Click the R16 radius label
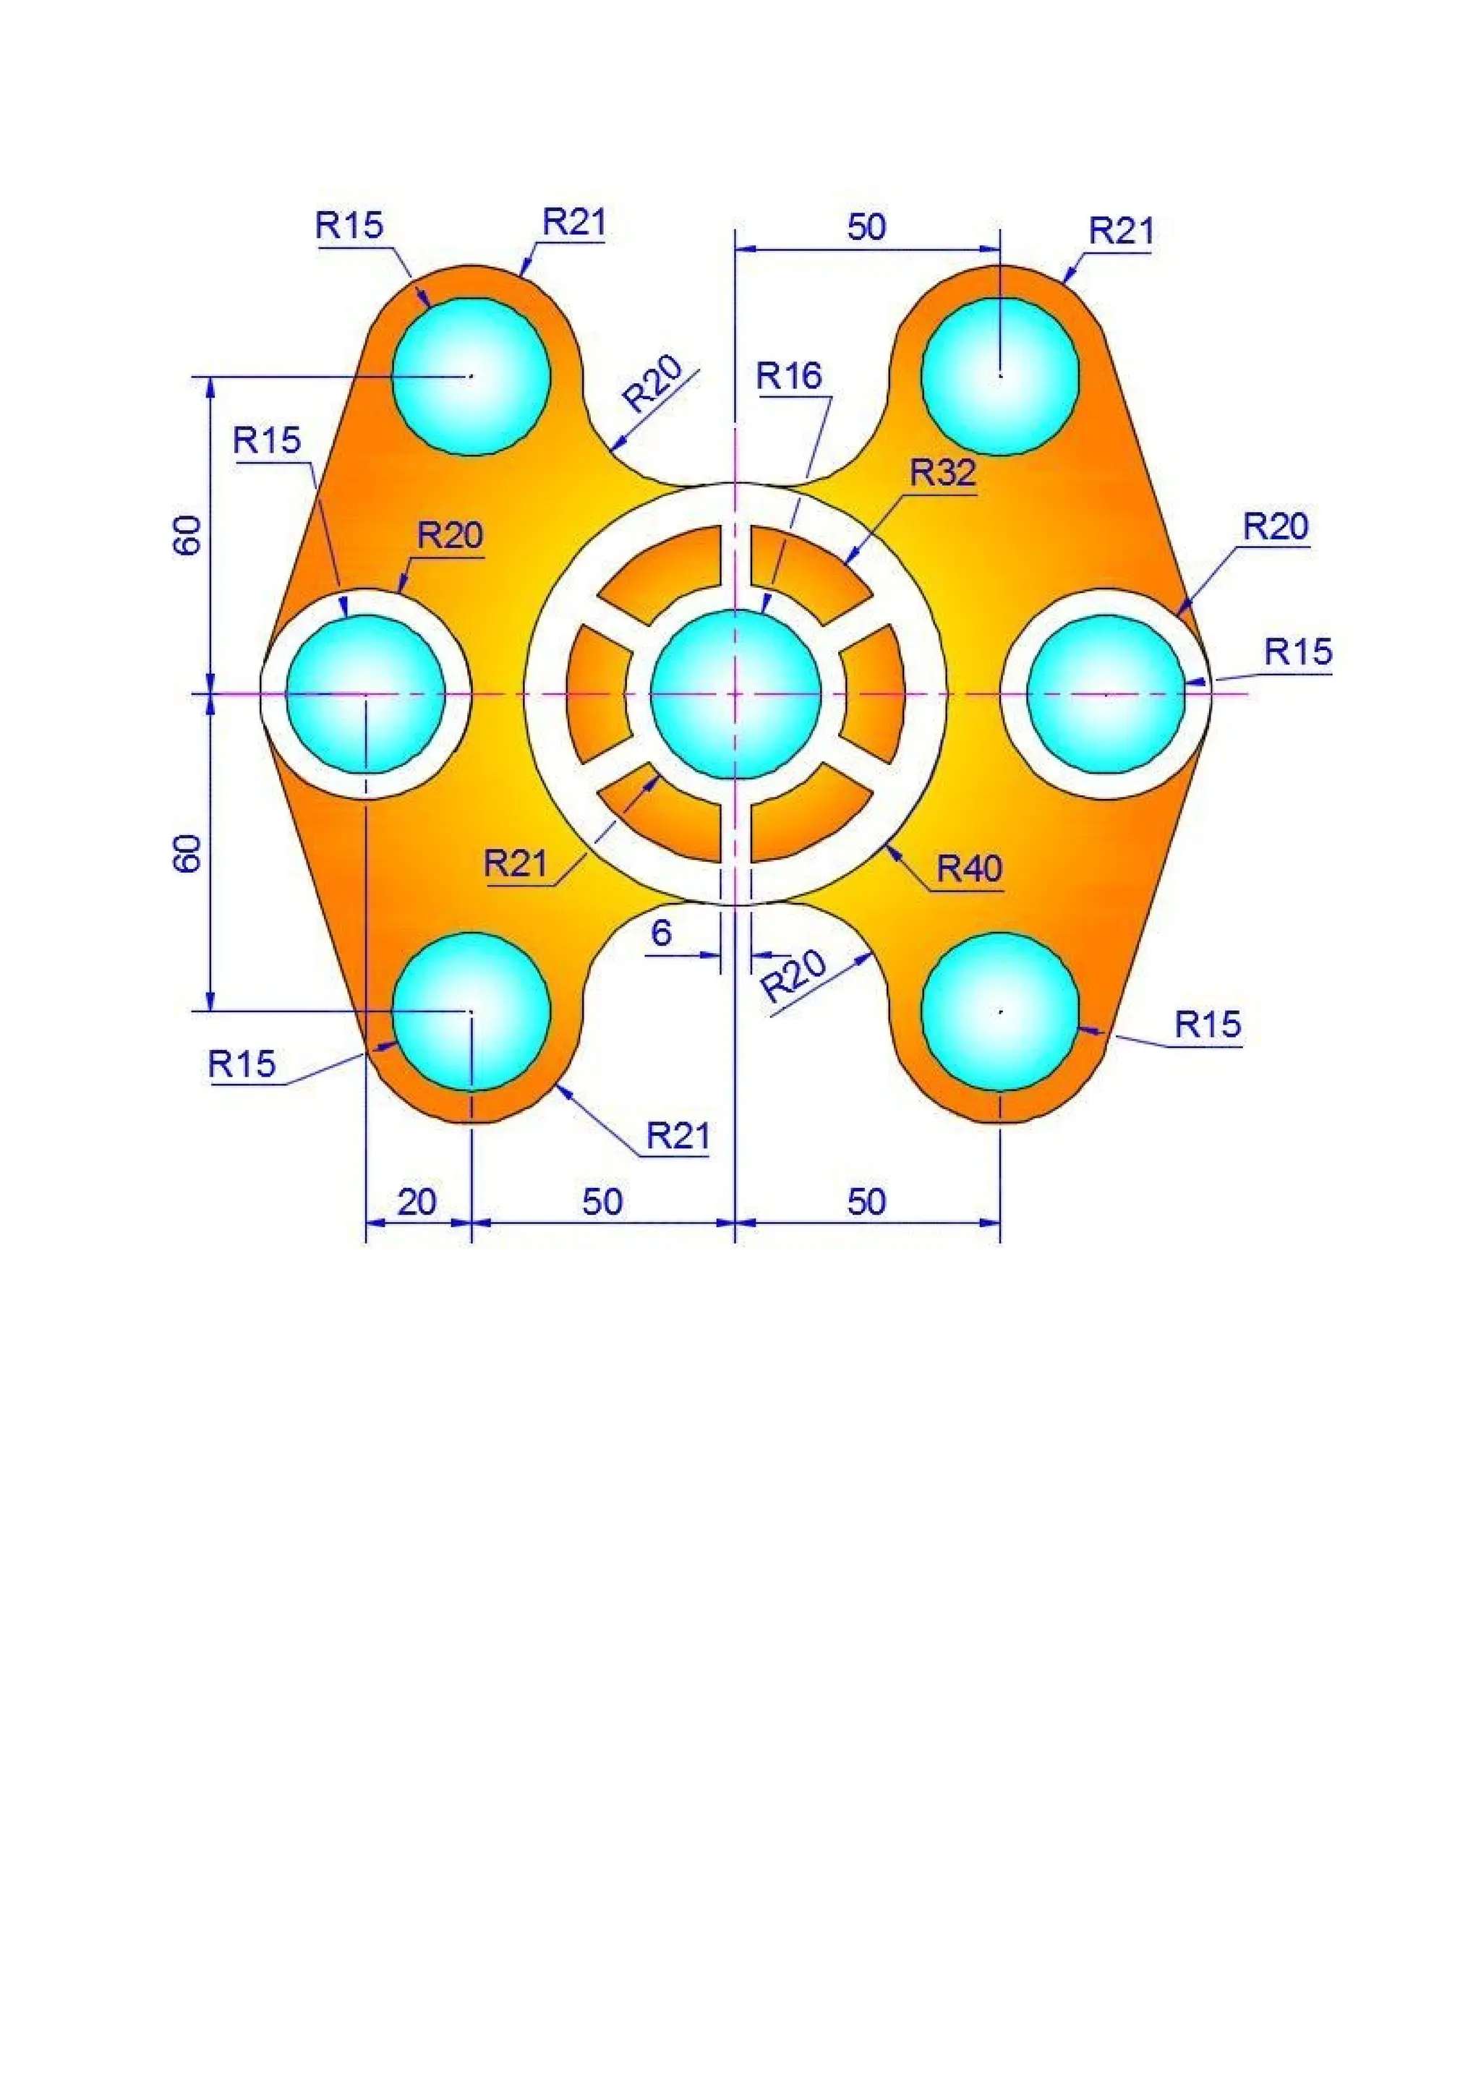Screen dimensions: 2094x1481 pos(789,376)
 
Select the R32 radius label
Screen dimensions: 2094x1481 pos(942,472)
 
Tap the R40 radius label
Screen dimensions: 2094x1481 pos(970,869)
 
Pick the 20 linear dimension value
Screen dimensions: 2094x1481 pos(417,1202)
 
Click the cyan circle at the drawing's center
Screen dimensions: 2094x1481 pos(735,694)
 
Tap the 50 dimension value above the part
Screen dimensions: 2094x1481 pos(866,227)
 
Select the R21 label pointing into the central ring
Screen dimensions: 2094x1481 pos(516,862)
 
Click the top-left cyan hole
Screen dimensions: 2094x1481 pos(471,376)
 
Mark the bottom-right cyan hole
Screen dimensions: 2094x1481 pos(1000,1011)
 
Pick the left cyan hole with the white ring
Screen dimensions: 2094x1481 pos(364,694)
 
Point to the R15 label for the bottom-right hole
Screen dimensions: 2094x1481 pos(1208,1025)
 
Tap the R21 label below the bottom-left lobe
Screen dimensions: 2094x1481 pos(678,1137)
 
